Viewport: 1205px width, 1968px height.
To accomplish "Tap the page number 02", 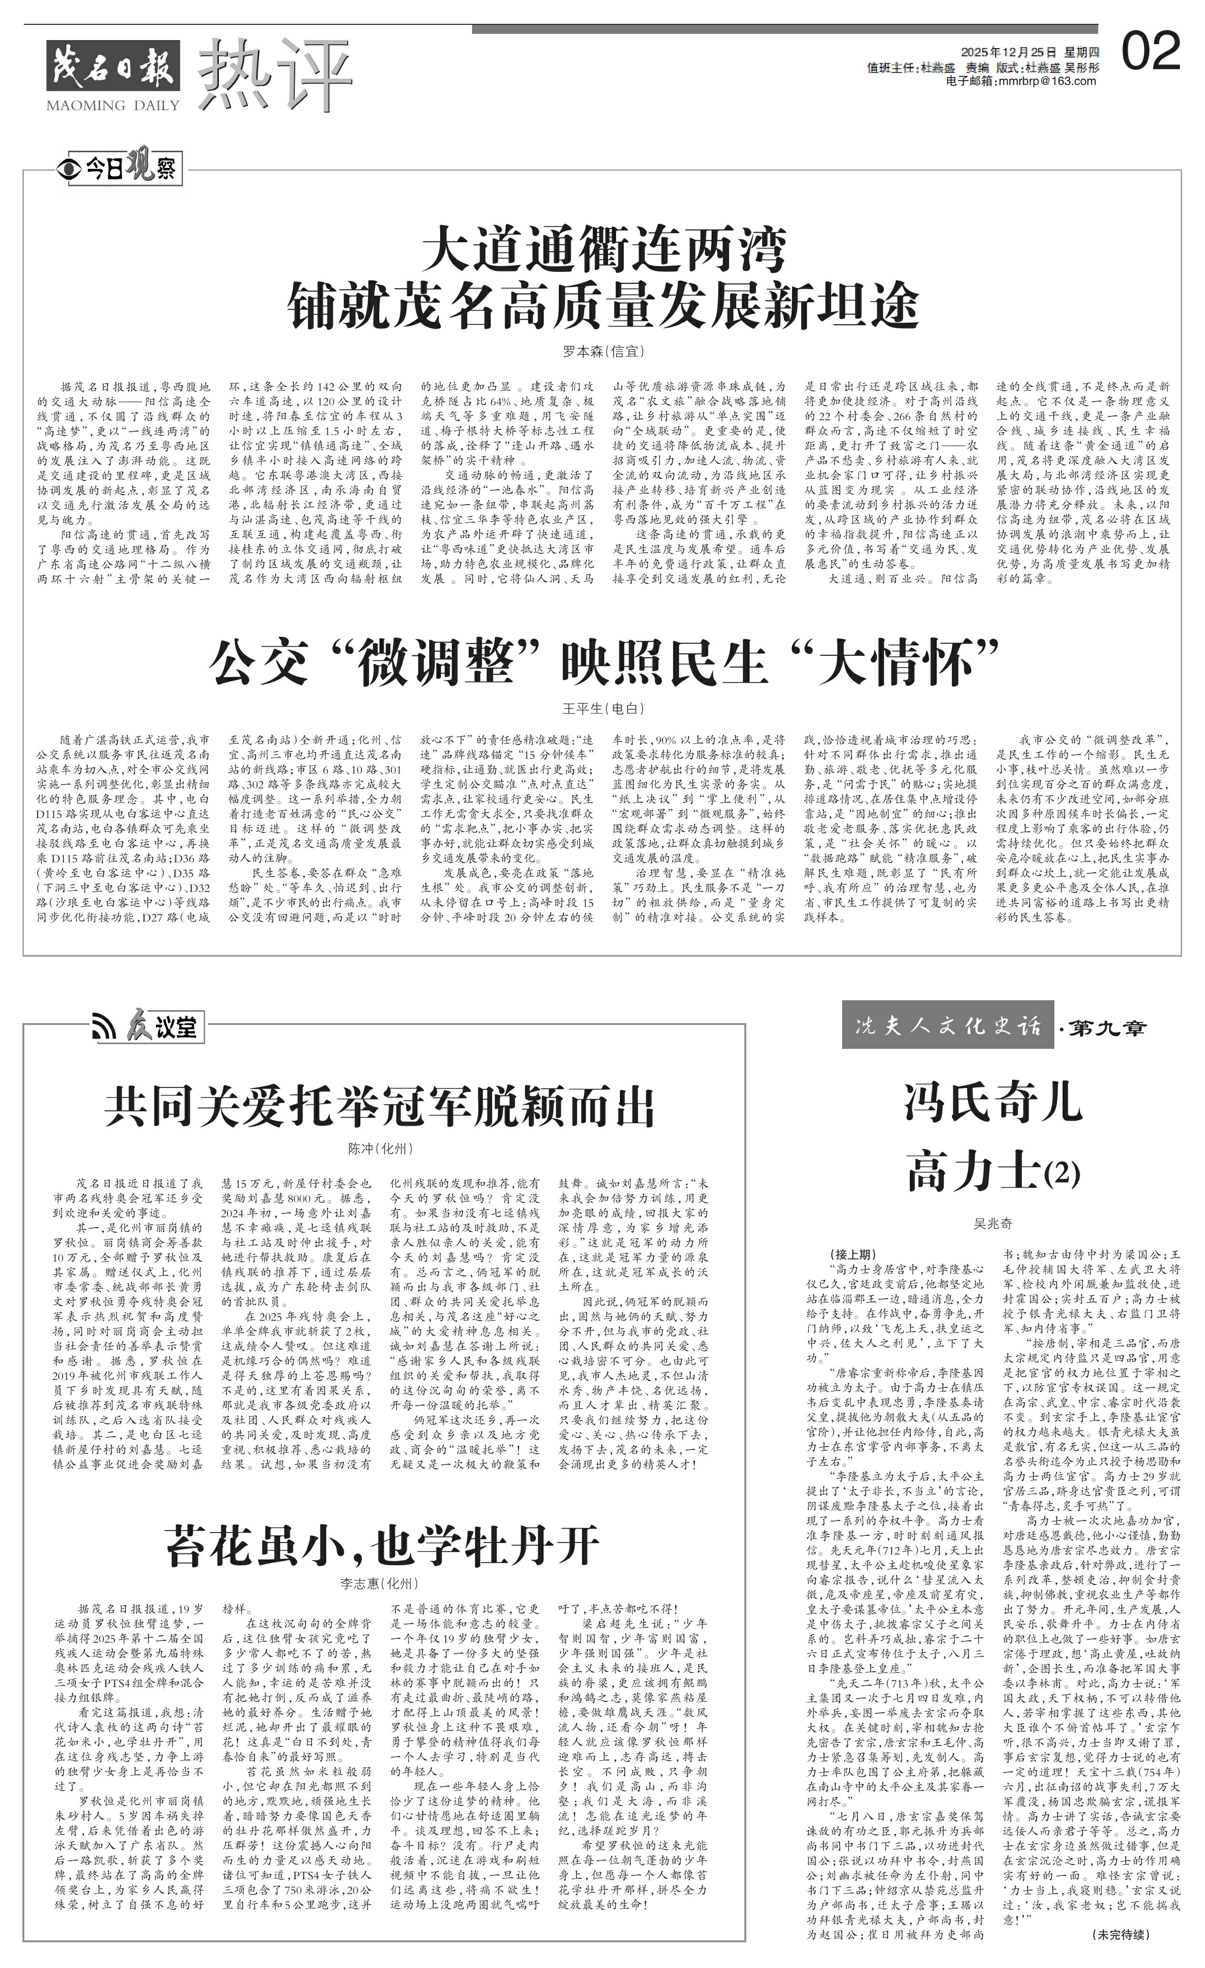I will (x=1151, y=53).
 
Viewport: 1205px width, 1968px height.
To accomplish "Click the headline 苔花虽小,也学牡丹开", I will (x=381, y=1545).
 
